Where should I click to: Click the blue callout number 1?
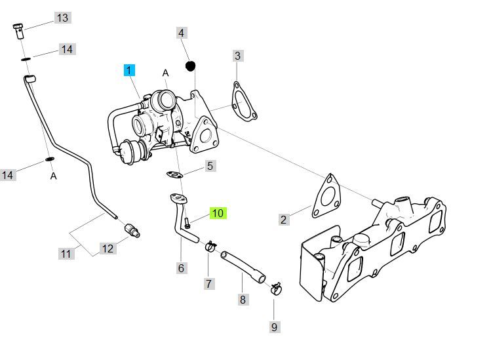(x=129, y=70)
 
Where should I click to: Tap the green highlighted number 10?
(x=218, y=213)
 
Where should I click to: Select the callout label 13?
(x=62, y=18)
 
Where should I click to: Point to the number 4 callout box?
(x=182, y=32)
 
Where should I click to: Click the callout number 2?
(x=283, y=220)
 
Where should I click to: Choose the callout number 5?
(x=210, y=166)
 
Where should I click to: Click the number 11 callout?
(x=66, y=253)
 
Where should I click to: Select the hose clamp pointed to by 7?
(x=210, y=247)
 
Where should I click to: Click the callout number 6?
(x=181, y=268)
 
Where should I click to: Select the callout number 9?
(x=274, y=327)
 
